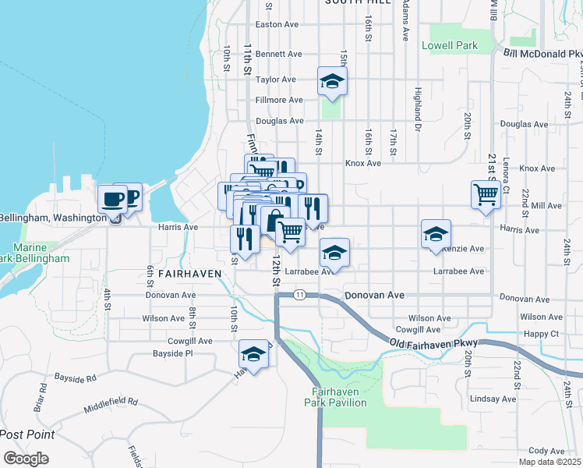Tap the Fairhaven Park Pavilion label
335,397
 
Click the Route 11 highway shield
299,295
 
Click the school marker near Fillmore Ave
332,81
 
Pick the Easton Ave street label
277,24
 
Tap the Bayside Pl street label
172,353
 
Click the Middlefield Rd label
111,402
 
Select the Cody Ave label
546,451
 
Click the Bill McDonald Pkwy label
542,54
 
